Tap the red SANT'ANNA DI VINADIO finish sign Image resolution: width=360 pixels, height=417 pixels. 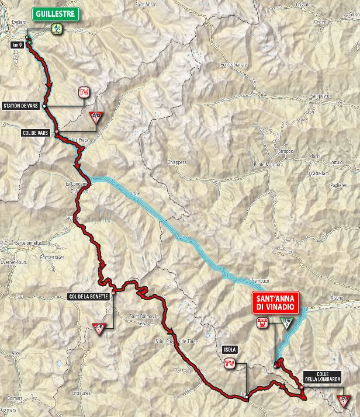pos(275,301)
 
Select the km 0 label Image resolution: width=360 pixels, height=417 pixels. pos(16,44)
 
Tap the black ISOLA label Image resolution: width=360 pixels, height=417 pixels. pos(230,349)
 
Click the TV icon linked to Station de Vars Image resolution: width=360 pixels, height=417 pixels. pos(84,92)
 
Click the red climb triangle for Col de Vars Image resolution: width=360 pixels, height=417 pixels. pos(95,117)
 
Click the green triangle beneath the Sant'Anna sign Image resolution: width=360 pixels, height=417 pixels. pos(286,323)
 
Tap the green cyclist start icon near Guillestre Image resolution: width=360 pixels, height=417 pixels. pos(57,27)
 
